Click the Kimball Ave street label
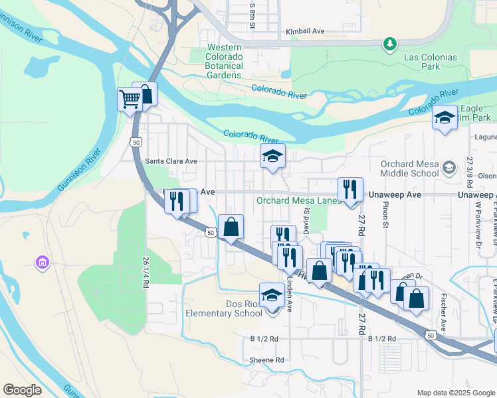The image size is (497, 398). [x=305, y=31]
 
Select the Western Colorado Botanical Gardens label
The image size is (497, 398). [x=224, y=61]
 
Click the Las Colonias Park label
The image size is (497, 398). [x=431, y=62]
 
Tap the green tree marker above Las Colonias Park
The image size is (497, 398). [x=390, y=44]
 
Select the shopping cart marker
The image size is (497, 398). [x=130, y=99]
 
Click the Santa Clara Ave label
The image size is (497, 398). [x=171, y=161]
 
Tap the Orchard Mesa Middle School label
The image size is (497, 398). [x=409, y=168]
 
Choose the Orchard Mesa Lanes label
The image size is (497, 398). [x=299, y=201]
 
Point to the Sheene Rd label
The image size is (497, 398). [x=267, y=360]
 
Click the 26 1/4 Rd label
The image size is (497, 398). [x=145, y=273]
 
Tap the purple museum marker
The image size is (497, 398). [x=43, y=263]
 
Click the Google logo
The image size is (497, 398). [x=22, y=390]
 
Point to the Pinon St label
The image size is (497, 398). [x=385, y=214]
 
